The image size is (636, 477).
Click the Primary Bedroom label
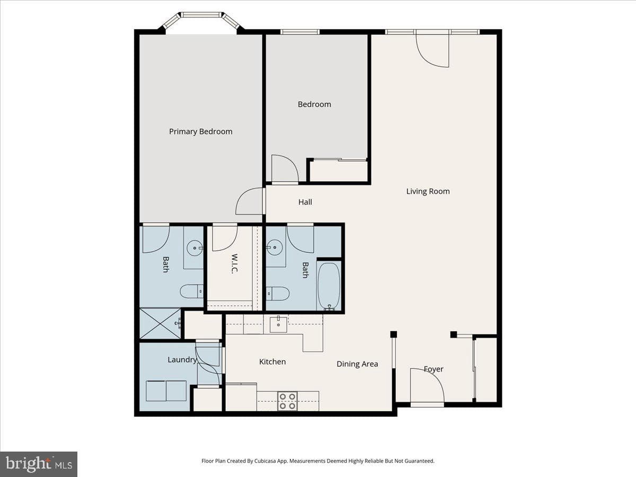tap(200, 131)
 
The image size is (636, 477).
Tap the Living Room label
tap(428, 191)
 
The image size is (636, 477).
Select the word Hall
tap(305, 202)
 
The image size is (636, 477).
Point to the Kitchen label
tap(272, 361)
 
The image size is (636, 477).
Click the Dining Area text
tap(357, 364)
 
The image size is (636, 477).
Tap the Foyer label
tap(434, 369)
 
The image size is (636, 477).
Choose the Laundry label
tap(182, 360)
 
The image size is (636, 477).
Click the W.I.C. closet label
tap(235, 264)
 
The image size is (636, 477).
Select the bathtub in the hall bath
tap(329, 286)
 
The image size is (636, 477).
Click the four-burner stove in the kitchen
tap(288, 401)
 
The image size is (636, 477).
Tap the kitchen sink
tap(278, 325)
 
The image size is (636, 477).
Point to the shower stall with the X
tap(160, 323)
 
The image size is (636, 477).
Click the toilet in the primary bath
tap(191, 291)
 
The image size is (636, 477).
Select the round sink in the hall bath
tap(275, 248)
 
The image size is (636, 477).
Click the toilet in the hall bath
tap(278, 294)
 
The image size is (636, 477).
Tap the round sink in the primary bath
tap(195, 248)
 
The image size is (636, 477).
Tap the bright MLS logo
tap(39, 464)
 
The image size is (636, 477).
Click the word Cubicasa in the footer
tap(266, 461)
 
